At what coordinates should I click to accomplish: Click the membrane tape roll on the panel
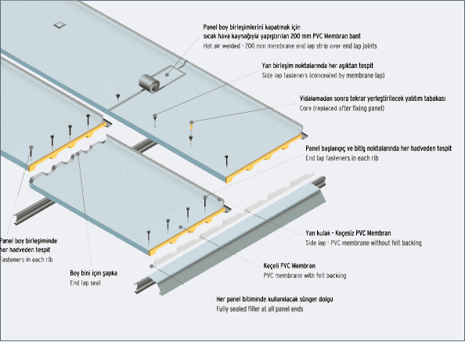150,83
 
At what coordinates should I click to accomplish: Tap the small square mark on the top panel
60,25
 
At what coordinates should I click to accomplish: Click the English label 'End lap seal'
85,283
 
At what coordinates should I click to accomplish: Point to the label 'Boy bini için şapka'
93,273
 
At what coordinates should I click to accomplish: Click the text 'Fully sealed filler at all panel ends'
259,309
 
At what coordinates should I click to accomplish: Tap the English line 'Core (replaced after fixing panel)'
341,108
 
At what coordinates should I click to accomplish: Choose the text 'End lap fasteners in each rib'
341,158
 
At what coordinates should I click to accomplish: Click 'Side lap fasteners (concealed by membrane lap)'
323,75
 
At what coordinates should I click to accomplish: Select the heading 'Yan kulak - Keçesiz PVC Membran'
348,233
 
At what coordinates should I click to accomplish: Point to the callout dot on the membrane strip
167,74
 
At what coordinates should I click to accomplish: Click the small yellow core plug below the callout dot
192,128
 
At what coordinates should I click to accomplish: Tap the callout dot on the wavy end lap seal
78,154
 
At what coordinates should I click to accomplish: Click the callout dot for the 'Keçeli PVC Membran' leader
181,227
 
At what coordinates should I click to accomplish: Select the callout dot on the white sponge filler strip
152,266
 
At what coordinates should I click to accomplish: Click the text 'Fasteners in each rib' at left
26,260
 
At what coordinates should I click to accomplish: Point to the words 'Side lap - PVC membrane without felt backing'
363,243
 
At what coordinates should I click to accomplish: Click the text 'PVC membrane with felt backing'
305,275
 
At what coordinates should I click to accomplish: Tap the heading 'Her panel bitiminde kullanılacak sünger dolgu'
274,299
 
